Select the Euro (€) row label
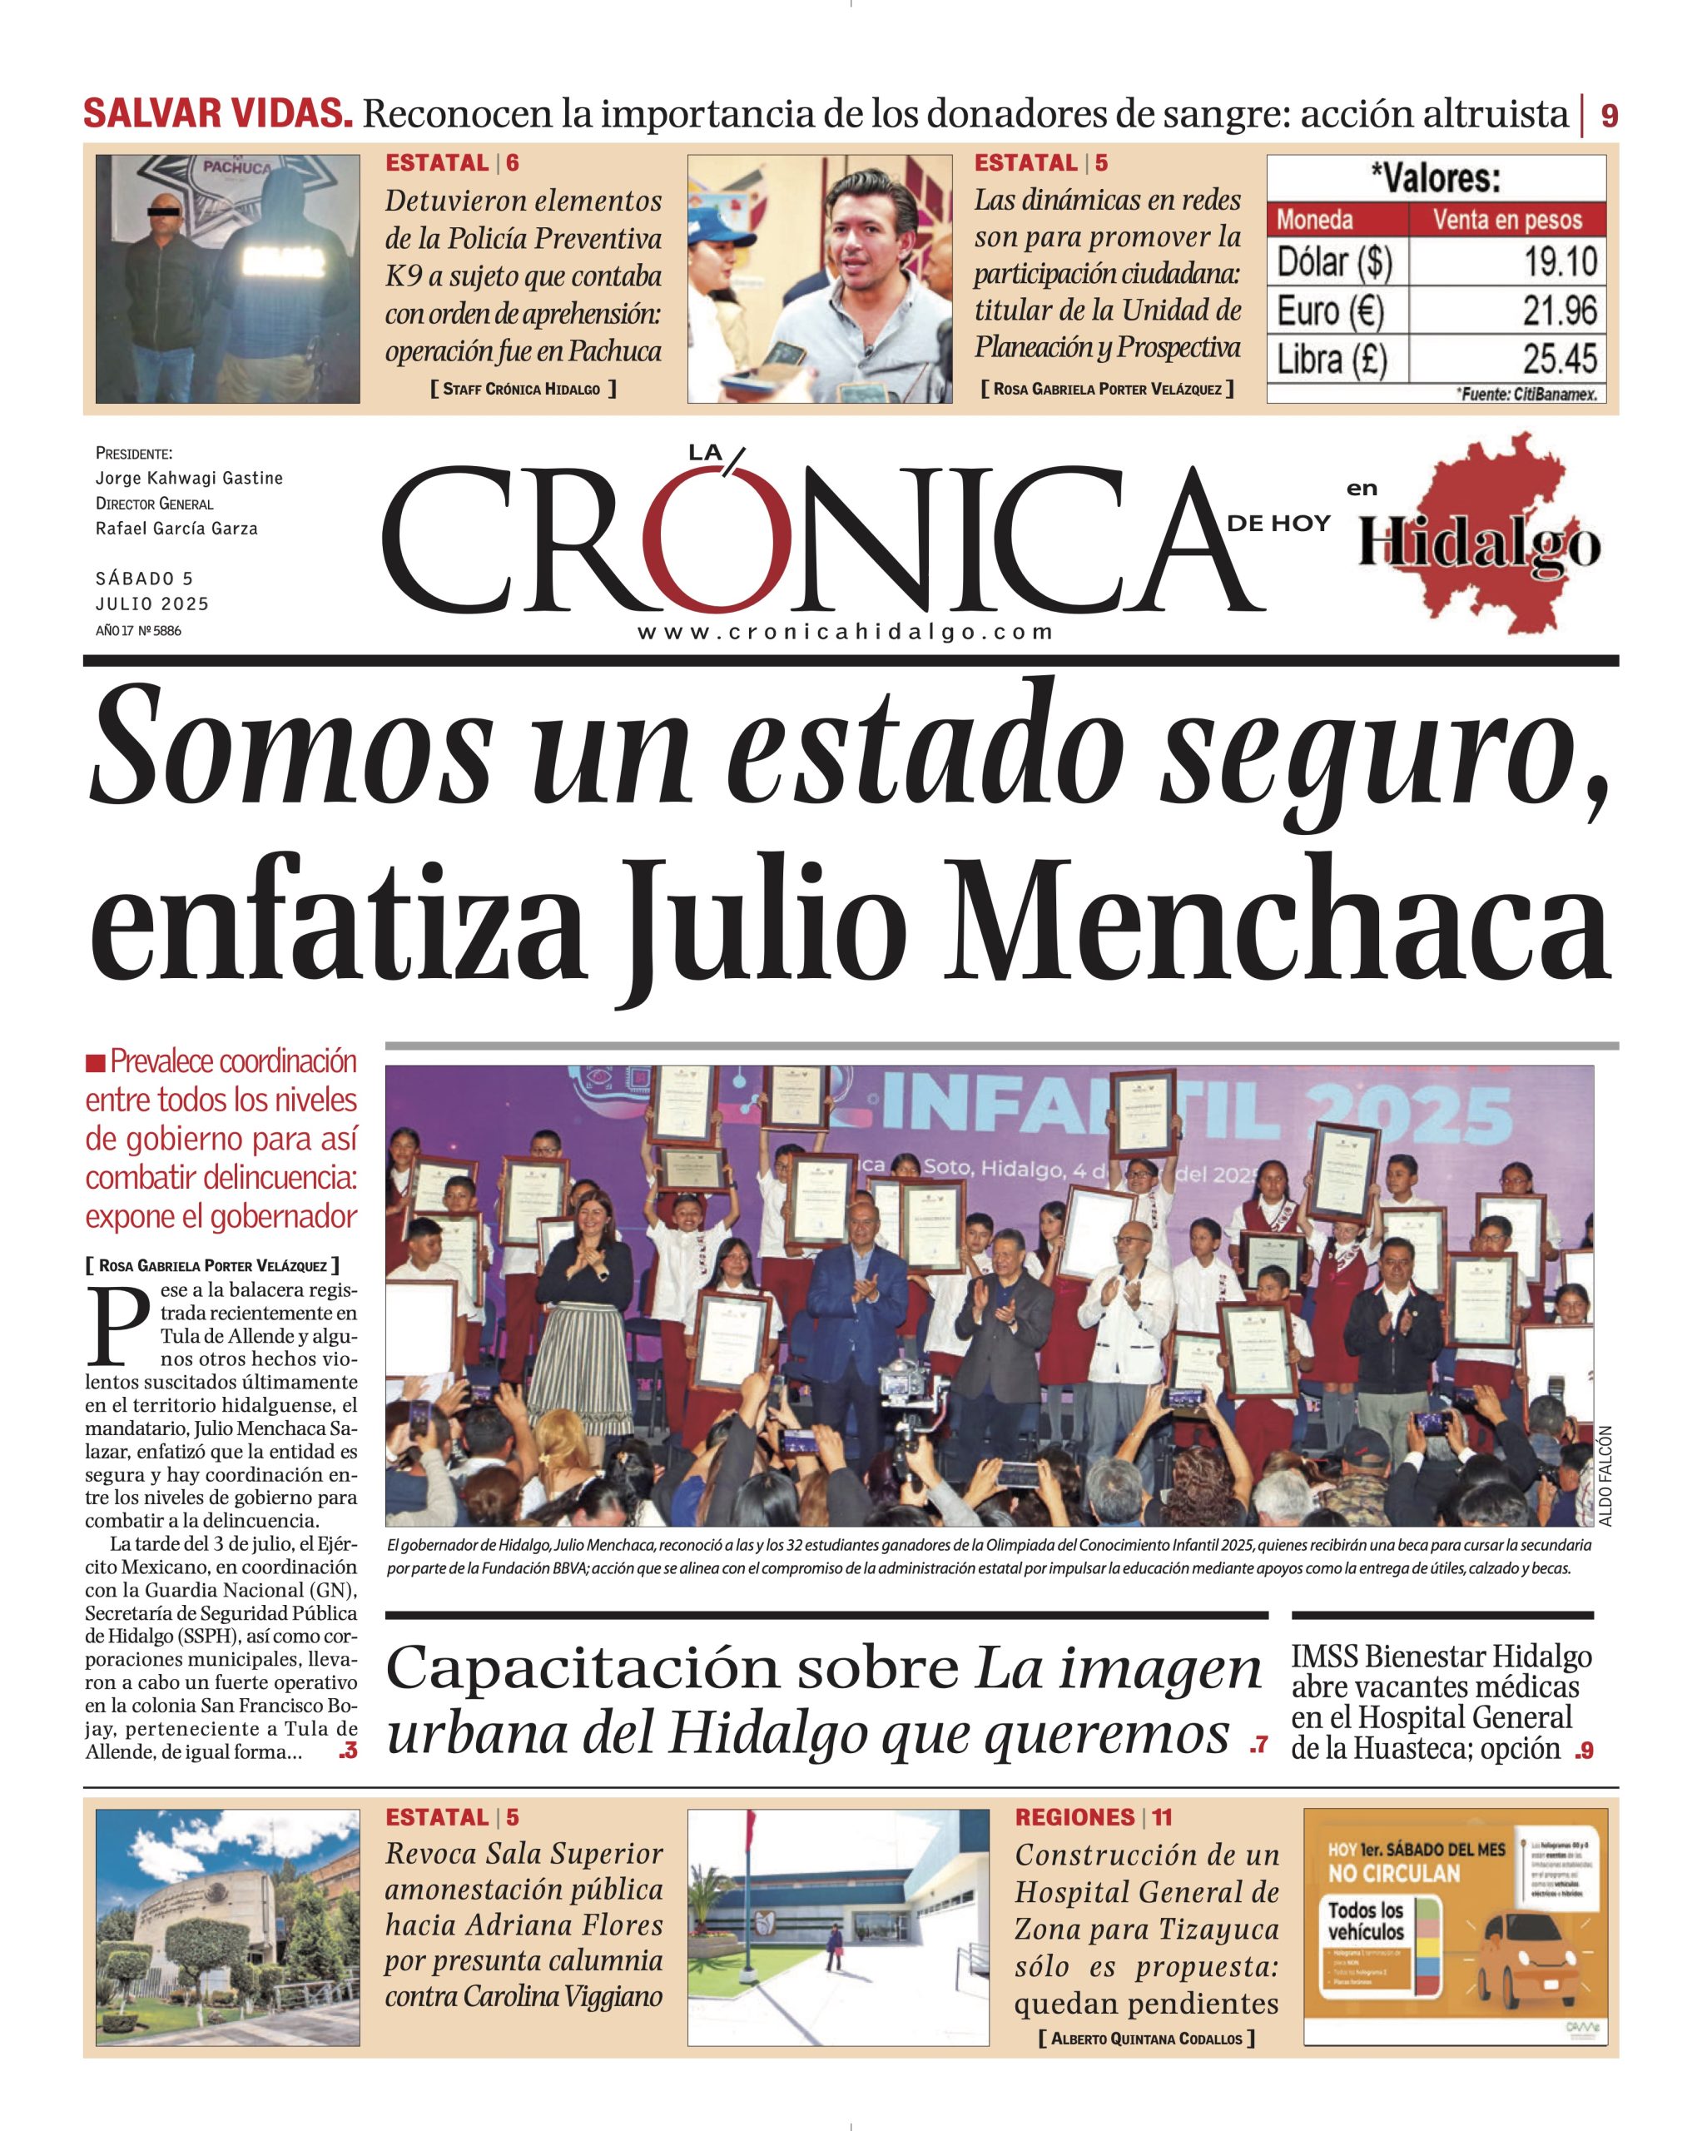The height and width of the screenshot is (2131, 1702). point(1330,311)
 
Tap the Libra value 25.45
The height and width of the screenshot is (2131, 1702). point(1560,359)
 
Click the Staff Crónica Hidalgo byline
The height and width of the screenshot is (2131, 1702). point(522,390)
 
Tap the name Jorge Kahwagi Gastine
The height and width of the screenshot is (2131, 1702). point(189,479)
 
